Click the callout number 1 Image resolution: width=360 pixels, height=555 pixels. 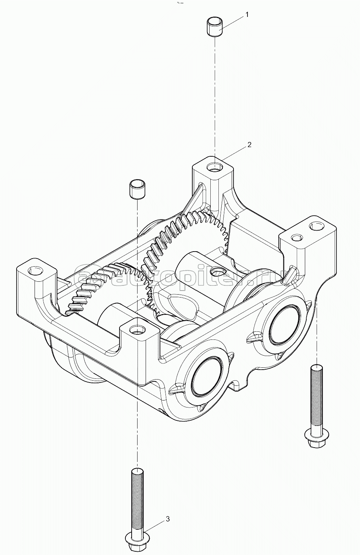(x=246, y=15)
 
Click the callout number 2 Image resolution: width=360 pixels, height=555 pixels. (x=249, y=145)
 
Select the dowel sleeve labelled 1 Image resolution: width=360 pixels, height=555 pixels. (x=215, y=27)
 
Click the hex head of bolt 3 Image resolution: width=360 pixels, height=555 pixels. (x=137, y=536)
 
